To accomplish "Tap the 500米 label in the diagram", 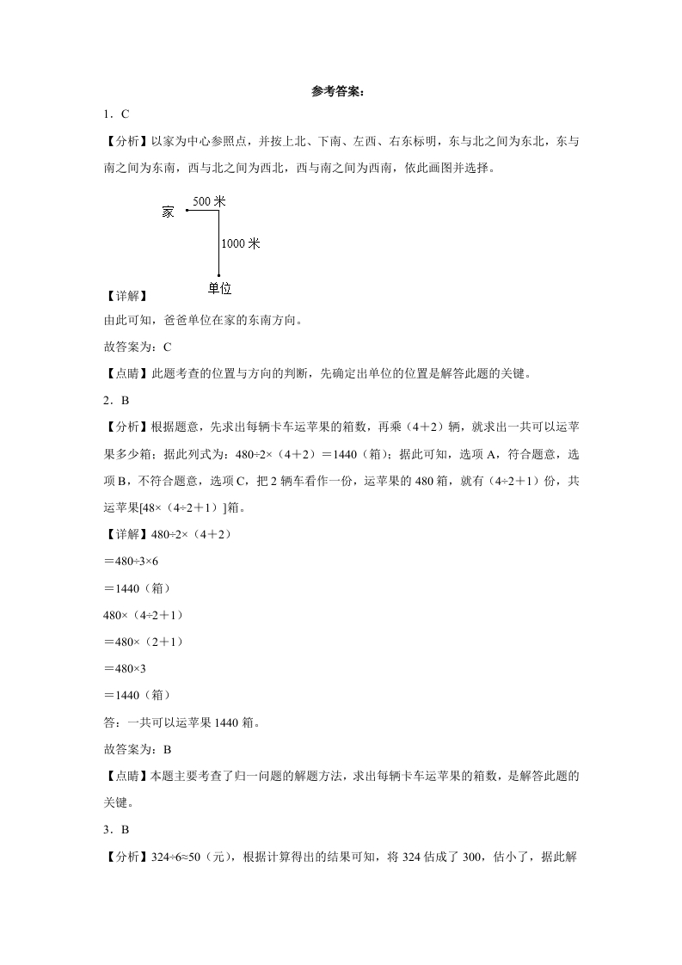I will (x=208, y=201).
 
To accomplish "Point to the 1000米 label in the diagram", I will (x=240, y=243).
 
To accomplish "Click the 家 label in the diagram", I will (x=168, y=212).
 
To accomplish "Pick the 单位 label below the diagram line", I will (x=219, y=288).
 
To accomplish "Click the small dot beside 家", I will (x=187, y=210).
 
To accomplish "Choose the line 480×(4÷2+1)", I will (x=142, y=615).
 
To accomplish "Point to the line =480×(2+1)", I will (x=141, y=642).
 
